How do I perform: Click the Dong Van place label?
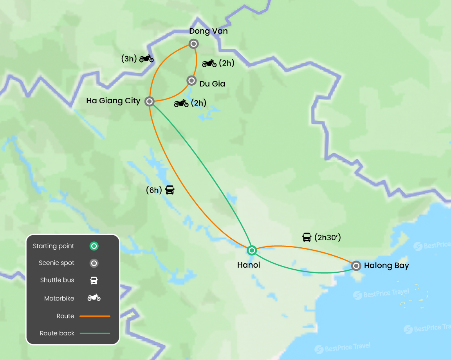(x=208, y=31)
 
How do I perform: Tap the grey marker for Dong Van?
(x=193, y=43)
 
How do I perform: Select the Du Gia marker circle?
(x=191, y=81)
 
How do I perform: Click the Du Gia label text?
(x=212, y=84)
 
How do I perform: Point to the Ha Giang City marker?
(x=149, y=101)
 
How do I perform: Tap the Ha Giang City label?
(x=113, y=101)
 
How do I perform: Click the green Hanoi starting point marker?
(x=252, y=250)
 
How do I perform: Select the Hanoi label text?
(x=249, y=265)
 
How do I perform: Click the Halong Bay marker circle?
(x=356, y=266)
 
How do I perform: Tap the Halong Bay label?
(x=386, y=266)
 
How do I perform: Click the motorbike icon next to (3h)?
(x=146, y=59)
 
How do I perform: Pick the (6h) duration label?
(x=153, y=190)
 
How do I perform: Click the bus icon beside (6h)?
(x=170, y=190)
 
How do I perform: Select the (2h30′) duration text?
(x=328, y=237)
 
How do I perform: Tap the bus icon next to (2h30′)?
(x=307, y=237)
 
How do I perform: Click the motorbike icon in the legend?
(x=94, y=298)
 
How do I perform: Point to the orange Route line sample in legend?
(x=95, y=316)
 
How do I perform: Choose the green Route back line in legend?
(x=95, y=333)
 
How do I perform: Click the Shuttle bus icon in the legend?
(x=94, y=280)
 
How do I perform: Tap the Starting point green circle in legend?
(x=94, y=246)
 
